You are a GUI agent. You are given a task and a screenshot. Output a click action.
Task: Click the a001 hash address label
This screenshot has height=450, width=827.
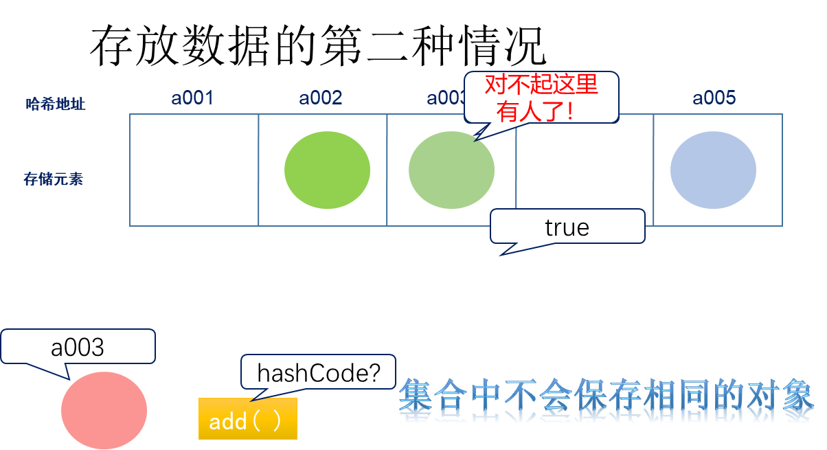click(x=192, y=98)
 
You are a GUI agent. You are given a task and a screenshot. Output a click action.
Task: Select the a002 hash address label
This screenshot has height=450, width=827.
click(x=320, y=98)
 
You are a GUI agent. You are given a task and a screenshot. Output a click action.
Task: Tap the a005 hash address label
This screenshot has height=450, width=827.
click(x=714, y=98)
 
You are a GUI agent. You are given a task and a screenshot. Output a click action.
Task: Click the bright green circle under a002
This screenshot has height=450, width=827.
click(x=327, y=170)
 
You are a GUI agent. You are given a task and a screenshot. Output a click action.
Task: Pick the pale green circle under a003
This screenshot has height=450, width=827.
click(x=451, y=170)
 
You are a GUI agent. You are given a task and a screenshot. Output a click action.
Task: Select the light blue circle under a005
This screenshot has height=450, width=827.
click(x=713, y=170)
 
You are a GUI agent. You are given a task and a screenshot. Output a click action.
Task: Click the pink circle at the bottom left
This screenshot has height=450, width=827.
click(x=104, y=410)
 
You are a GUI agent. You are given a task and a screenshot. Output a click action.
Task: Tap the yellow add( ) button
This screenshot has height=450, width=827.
click(x=247, y=419)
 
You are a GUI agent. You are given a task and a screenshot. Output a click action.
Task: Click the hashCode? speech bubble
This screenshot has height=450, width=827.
click(x=318, y=373)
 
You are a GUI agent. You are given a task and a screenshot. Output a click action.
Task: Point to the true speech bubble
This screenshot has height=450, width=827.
click(x=567, y=227)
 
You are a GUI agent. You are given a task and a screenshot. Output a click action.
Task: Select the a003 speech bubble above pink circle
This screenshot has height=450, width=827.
click(x=78, y=347)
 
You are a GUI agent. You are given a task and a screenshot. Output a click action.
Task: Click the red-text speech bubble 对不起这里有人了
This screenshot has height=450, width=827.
click(x=541, y=98)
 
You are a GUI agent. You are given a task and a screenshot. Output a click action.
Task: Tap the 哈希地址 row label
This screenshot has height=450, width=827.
click(x=55, y=104)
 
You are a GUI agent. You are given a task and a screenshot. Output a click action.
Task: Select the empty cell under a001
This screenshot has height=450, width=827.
click(x=194, y=170)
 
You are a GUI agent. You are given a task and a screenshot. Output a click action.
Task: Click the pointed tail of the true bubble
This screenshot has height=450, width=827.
click(x=503, y=252)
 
